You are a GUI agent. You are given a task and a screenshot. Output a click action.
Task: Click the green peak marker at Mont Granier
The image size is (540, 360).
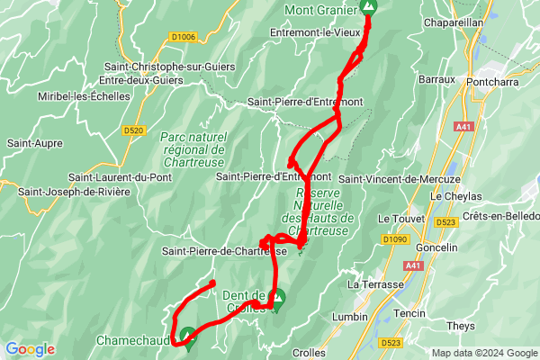367,7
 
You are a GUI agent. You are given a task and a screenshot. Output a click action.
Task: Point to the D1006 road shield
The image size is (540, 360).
183,37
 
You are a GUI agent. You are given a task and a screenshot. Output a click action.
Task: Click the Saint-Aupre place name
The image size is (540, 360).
34,143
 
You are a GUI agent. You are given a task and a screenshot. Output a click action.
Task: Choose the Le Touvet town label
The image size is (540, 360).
397,219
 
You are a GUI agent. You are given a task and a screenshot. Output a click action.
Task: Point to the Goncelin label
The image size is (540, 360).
438,247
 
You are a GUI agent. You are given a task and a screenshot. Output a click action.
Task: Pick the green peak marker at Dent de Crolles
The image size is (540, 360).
277,296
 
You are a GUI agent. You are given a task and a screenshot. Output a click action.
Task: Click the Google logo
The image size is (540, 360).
30,349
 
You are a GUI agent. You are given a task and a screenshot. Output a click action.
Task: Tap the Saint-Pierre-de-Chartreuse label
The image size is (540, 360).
225,250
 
